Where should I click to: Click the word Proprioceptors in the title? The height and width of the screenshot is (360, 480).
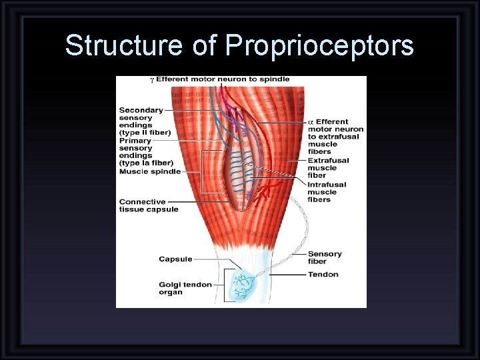click(x=319, y=46)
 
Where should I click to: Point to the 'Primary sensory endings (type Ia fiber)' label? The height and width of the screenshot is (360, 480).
click(x=145, y=151)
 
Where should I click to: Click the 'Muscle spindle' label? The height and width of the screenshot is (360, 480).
click(x=150, y=171)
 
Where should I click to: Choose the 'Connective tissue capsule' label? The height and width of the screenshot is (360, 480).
click(x=149, y=205)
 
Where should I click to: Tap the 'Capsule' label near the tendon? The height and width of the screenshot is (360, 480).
click(x=175, y=259)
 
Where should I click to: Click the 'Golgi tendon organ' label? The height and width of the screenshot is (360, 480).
click(x=185, y=288)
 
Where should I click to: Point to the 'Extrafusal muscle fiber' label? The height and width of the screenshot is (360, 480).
click(x=327, y=168)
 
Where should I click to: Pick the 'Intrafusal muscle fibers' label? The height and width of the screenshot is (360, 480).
click(x=327, y=192)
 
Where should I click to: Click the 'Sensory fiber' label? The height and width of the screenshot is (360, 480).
click(x=325, y=257)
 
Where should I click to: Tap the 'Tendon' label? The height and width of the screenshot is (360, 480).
click(x=323, y=274)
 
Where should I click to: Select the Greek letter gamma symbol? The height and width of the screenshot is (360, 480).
click(x=151, y=80)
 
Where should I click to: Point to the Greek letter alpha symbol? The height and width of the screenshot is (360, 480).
click(x=311, y=122)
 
